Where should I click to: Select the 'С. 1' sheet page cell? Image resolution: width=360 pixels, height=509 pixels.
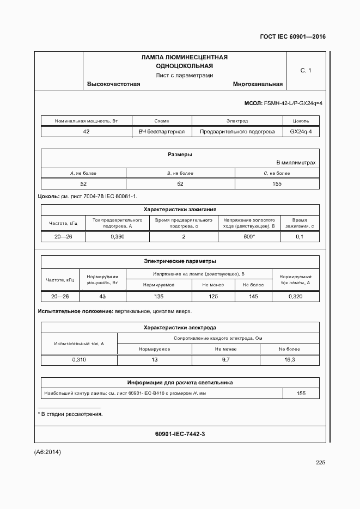tap(306, 70)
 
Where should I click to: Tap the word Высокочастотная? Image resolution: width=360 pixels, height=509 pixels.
tap(114, 84)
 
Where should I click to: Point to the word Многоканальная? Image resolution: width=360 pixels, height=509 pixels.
tap(258, 84)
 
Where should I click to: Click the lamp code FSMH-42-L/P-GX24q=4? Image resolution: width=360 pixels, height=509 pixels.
tap(293, 103)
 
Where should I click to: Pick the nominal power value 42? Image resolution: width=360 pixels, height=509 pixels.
tap(86, 132)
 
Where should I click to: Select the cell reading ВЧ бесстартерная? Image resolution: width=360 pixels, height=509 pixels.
tap(162, 132)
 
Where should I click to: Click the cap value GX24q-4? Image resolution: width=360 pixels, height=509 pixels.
tap(301, 132)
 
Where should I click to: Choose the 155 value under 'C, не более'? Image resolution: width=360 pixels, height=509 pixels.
tap(277, 184)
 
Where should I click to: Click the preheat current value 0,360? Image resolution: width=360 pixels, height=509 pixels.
tap(118, 237)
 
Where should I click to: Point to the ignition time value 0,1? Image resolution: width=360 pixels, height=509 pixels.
tap(300, 237)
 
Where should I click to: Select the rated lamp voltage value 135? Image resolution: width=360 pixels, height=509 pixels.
tap(159, 297)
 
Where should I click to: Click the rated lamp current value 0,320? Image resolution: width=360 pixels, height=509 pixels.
tap(295, 297)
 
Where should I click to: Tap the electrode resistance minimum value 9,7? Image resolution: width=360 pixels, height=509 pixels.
tap(225, 360)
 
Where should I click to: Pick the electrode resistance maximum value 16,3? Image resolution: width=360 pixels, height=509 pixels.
tap(290, 360)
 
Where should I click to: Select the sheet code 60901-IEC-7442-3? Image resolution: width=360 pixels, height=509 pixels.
tap(180, 434)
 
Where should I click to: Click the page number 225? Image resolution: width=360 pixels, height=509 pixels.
tap(320, 463)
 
